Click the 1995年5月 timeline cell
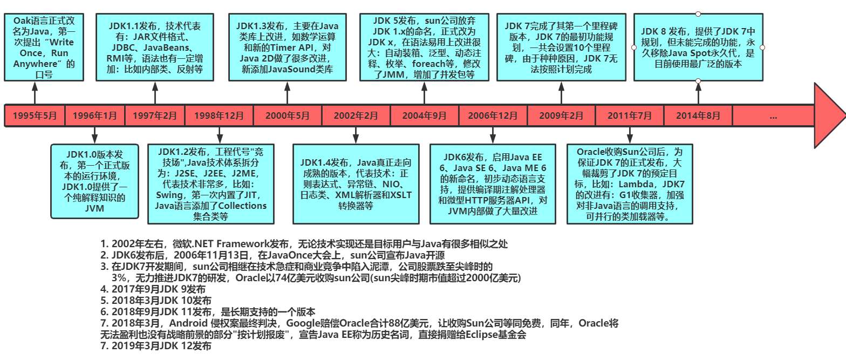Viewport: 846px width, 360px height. (35, 116)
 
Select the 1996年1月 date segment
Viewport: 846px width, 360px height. (94, 116)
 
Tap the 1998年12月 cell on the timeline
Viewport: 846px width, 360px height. (219, 116)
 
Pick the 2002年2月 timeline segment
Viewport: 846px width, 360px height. (356, 116)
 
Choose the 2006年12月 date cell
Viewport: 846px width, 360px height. (493, 116)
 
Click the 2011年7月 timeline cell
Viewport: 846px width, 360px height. (629, 116)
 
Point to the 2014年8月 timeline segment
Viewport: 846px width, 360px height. (698, 116)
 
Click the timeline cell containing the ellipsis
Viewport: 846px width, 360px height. (773, 116)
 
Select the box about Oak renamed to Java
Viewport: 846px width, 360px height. (44, 48)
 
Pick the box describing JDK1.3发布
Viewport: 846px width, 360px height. (286, 48)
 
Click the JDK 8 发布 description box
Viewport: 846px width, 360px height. (698, 47)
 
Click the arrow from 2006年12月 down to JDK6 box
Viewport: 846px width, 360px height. (493, 135)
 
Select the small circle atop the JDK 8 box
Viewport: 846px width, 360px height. (698, 13)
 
